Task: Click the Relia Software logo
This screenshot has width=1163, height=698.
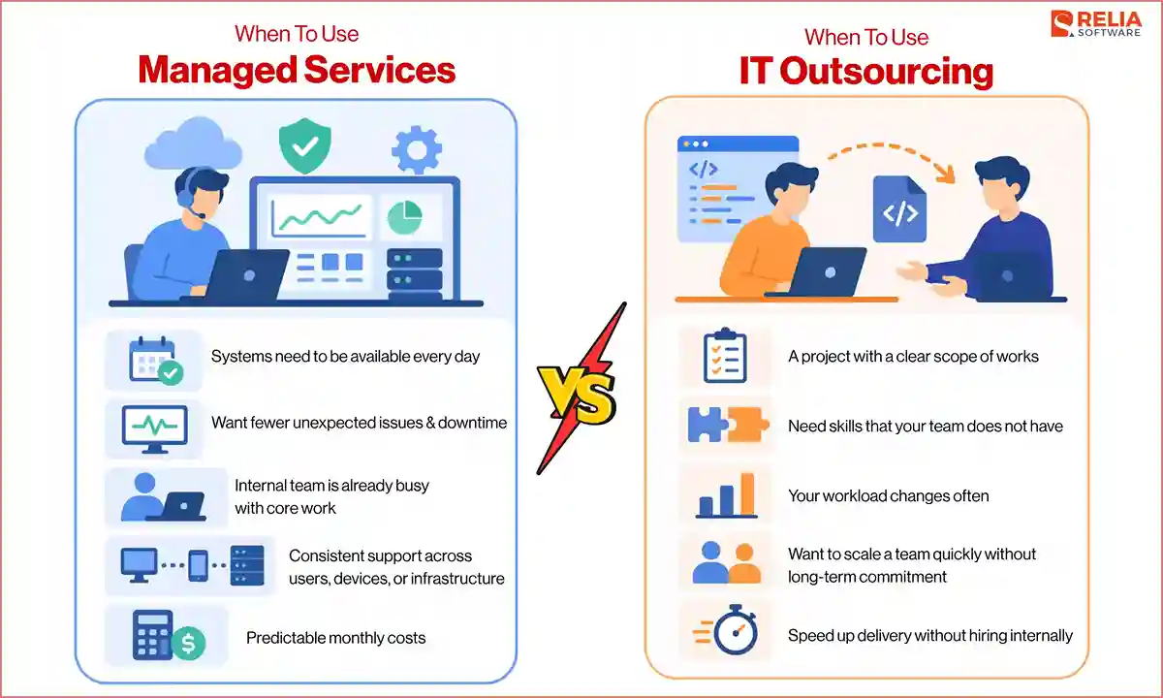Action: (1099, 24)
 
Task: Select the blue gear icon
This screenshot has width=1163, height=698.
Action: (417, 150)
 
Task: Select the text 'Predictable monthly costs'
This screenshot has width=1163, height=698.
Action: (335, 638)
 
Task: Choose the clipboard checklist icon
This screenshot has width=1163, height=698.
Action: (724, 356)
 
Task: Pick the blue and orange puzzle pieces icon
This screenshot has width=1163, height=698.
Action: (728, 425)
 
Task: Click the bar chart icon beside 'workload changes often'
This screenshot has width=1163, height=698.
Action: (726, 495)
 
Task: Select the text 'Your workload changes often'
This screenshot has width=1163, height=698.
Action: (888, 495)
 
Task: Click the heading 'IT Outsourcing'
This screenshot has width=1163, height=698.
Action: (865, 72)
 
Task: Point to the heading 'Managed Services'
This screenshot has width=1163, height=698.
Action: (297, 70)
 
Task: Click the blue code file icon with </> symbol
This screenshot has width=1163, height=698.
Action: (899, 209)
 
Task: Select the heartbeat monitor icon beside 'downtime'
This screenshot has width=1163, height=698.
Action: (154, 427)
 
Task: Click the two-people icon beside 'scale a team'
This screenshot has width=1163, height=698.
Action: (727, 564)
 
